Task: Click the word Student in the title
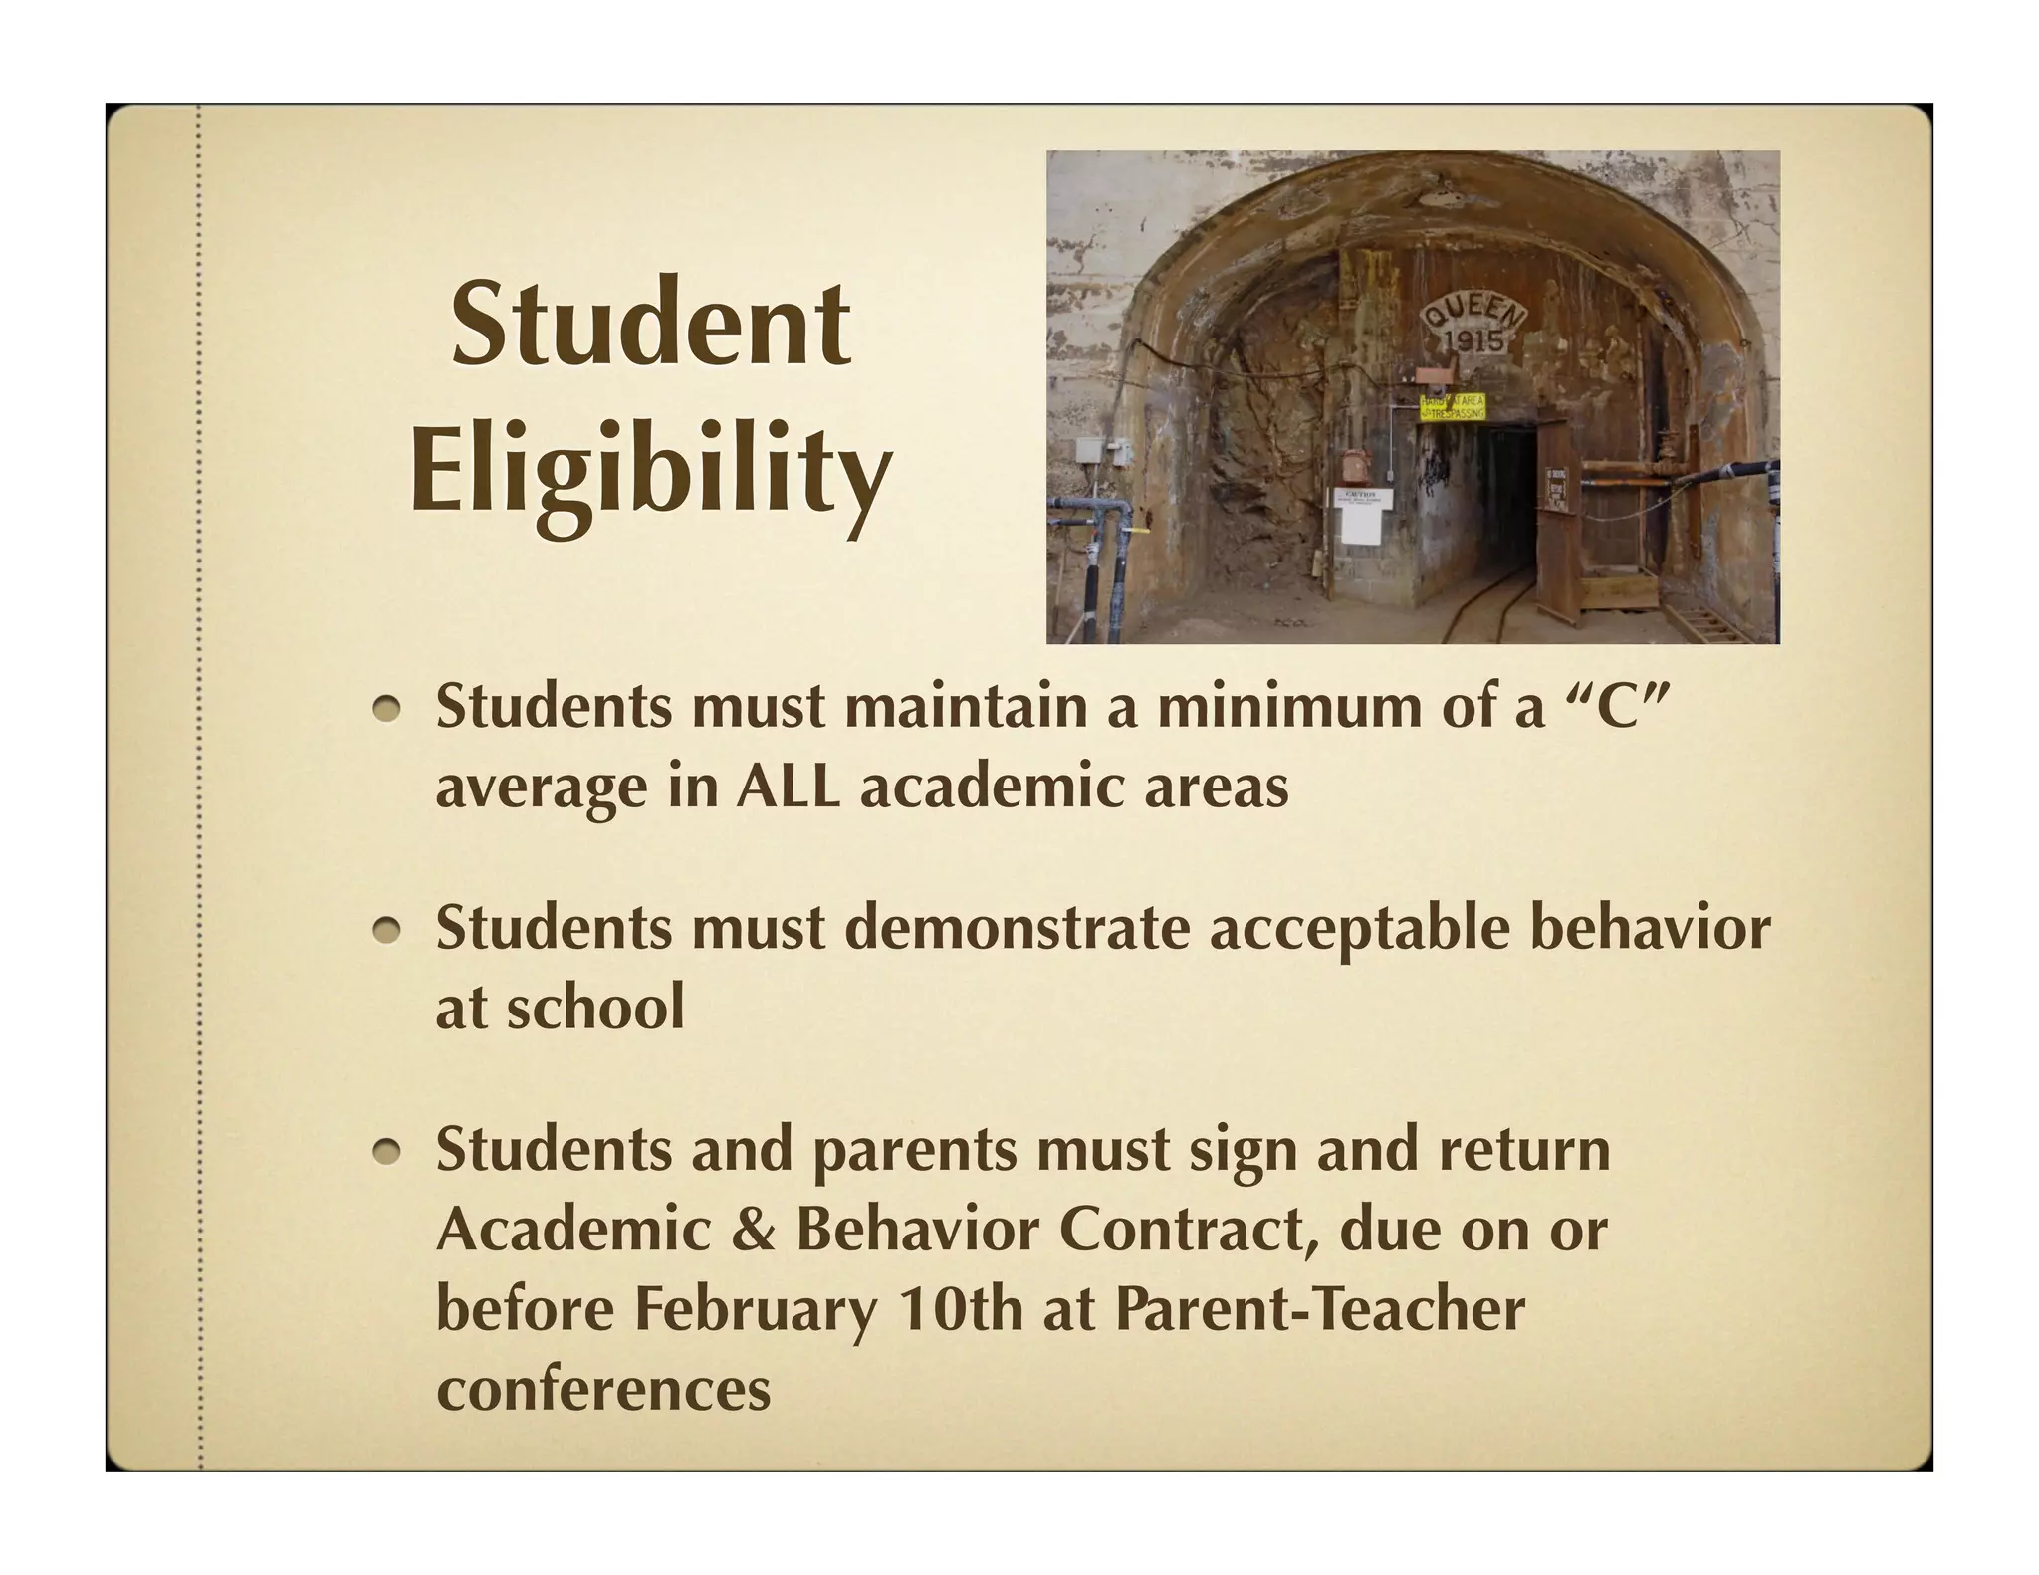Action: pos(650,325)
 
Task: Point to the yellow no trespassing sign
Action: pos(1453,406)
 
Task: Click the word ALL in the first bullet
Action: pos(790,787)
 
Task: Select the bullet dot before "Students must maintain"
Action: pos(387,708)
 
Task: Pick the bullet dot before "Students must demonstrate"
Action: pos(387,930)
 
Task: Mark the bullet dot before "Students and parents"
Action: pos(387,1152)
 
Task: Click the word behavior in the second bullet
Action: pos(1649,928)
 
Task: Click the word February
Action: pos(756,1310)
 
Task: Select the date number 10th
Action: pos(960,1310)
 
